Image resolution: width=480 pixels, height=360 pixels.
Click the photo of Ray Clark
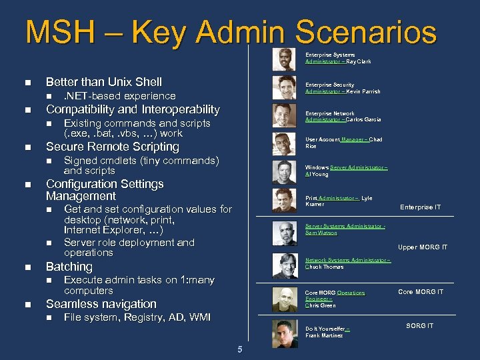[x=285, y=59]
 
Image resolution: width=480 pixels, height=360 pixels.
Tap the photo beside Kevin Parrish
[x=285, y=87]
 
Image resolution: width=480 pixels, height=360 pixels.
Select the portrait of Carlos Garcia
[x=285, y=115]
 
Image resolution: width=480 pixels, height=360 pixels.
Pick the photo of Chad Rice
[x=285, y=143]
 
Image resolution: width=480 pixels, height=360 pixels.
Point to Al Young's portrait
[x=285, y=171]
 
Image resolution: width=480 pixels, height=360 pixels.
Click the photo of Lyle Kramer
[x=285, y=201]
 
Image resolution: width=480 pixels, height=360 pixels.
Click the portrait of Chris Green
[x=285, y=298]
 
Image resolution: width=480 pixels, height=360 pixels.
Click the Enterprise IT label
[x=420, y=207]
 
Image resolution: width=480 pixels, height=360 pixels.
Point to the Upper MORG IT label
[x=423, y=247]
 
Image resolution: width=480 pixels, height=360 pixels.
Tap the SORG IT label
[x=420, y=325]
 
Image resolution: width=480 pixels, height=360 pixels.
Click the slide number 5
[x=239, y=349]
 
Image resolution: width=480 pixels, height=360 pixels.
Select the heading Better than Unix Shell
[x=103, y=82]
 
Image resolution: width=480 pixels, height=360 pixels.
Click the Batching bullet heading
[x=69, y=267]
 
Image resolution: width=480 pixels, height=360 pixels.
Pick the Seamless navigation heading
[x=101, y=304]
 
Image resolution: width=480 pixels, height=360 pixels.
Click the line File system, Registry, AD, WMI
[x=137, y=317]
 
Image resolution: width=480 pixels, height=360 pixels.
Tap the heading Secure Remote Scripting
[x=112, y=147]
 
